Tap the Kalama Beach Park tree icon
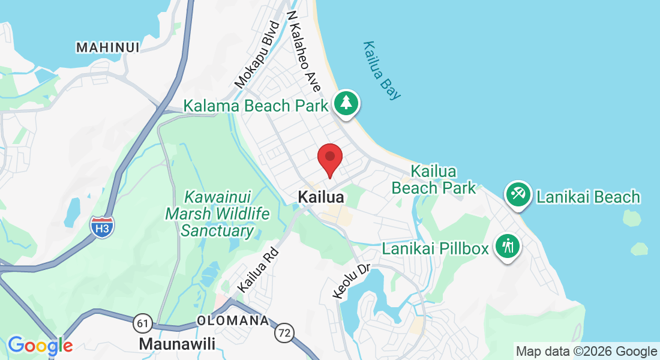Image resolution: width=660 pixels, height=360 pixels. (346, 103)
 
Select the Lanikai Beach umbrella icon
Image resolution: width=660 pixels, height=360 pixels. (518, 194)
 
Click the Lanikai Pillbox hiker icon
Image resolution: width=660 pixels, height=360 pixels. (508, 246)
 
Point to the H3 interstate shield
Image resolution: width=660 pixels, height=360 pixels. (102, 226)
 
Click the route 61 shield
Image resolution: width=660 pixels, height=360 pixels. (143, 324)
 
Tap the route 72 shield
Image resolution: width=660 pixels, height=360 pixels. (284, 331)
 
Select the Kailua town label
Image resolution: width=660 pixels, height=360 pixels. (321, 197)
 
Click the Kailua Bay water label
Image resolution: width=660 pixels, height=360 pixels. (382, 70)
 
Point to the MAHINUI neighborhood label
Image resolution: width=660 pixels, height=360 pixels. (108, 47)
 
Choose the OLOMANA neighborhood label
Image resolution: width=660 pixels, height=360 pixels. (233, 321)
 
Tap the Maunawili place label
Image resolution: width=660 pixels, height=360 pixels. (176, 344)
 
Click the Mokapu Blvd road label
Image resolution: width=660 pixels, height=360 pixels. (257, 55)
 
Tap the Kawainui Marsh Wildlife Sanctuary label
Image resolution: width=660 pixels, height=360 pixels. (217, 214)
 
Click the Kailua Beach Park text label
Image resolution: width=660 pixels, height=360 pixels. (434, 179)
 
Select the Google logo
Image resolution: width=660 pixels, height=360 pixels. (40, 346)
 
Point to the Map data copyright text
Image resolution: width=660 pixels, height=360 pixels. (586, 352)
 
